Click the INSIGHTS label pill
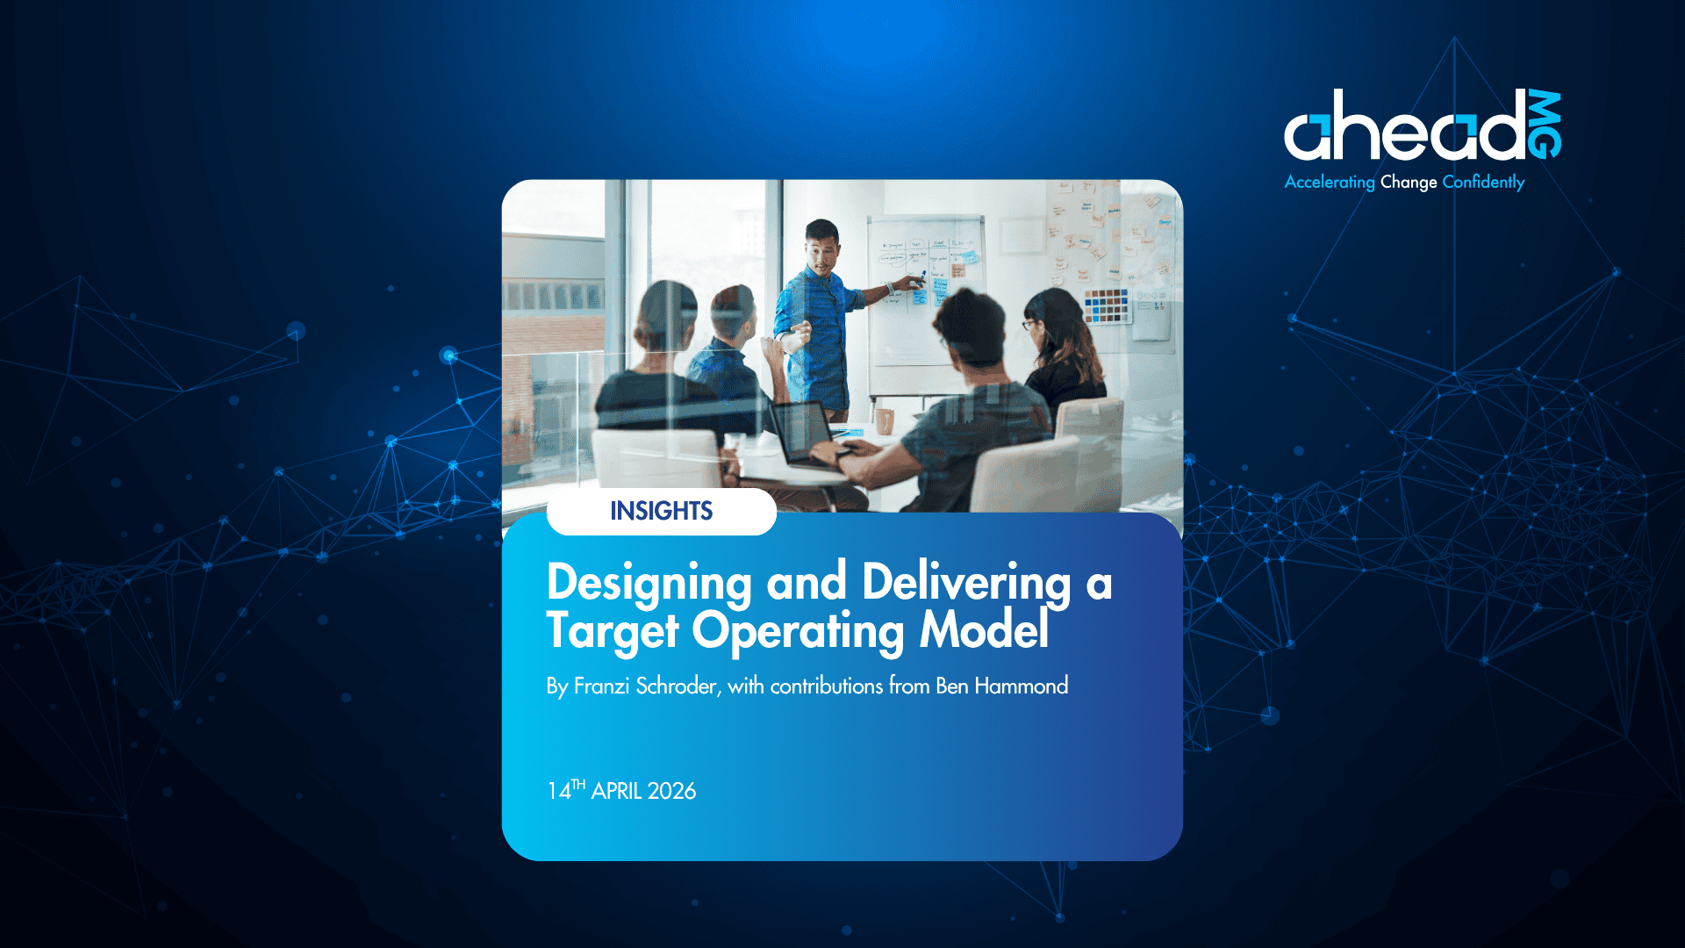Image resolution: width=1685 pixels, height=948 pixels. coord(662,512)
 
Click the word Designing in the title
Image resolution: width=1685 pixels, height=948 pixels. coord(649,584)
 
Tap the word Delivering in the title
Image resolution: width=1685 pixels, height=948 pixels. coord(966,584)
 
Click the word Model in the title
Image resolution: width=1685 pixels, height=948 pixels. coord(984,629)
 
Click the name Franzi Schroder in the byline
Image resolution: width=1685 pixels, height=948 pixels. coord(645,686)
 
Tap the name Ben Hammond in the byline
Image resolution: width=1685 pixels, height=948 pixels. coord(1001,686)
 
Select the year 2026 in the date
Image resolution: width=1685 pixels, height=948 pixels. coord(671,791)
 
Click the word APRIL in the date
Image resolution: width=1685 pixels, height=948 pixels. coord(617,791)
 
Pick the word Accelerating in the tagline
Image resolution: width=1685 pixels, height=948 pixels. coord(1330,182)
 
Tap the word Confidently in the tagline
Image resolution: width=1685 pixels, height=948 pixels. coord(1483,182)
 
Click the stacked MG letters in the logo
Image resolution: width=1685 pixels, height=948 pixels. coord(1545,125)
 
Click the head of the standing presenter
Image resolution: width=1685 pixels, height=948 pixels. coord(822,243)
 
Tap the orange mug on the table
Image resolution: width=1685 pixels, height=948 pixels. coord(885,421)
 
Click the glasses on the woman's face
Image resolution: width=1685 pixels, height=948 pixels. coord(1028,325)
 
